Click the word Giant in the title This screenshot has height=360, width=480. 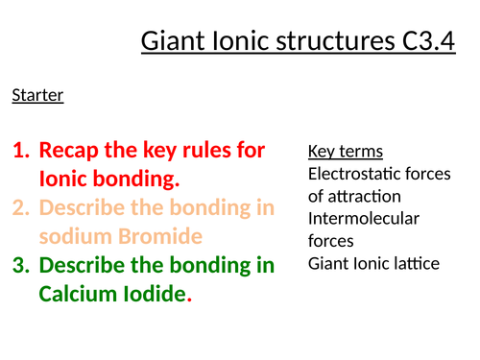pyautogui.click(x=172, y=43)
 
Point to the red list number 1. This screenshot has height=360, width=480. pyautogui.click(x=21, y=151)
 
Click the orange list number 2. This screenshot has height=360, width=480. pyautogui.click(x=21, y=207)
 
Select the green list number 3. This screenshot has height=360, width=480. pyautogui.click(x=21, y=264)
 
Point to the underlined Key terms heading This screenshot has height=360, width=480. pyautogui.click(x=346, y=152)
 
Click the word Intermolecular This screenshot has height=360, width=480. pyautogui.click(x=364, y=219)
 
